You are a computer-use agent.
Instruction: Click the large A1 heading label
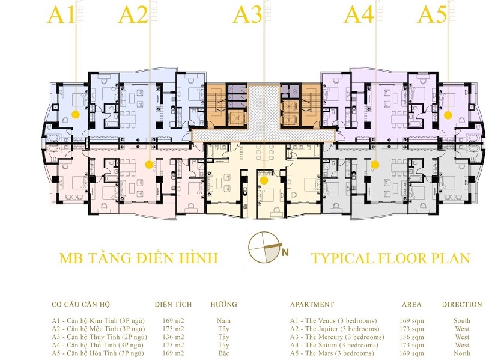point(61,15)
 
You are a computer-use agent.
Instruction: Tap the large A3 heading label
point(247,15)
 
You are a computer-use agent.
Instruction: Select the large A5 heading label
point(432,15)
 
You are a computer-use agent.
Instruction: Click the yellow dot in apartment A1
point(76,114)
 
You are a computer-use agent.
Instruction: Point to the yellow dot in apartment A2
point(149,165)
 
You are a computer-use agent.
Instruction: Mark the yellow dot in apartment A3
point(264,180)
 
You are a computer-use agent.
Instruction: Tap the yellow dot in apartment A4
point(375,165)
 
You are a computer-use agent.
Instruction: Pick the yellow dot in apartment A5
point(448,115)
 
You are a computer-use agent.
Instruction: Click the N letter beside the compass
point(285,252)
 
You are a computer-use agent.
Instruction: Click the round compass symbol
point(263,247)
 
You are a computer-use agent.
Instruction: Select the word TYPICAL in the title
point(341,258)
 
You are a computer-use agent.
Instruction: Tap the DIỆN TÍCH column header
point(173,304)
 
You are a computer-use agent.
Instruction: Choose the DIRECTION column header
point(462,304)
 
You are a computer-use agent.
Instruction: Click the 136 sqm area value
point(411,337)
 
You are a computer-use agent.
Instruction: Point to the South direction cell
point(462,321)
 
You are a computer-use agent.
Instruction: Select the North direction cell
point(462,353)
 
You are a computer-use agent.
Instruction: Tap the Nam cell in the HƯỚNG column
point(223,321)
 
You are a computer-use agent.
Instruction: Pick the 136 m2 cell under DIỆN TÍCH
point(173,337)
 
